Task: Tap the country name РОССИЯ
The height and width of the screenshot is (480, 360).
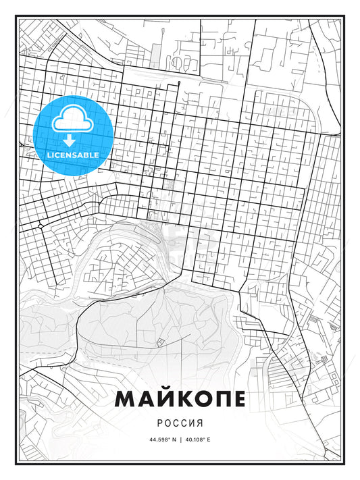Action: point(180,422)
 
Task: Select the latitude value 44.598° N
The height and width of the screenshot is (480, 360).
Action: point(159,439)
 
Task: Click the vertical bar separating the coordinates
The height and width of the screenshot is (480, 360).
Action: point(180,439)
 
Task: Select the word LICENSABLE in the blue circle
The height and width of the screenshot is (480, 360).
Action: point(72,155)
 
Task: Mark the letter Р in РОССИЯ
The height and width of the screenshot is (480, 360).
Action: point(159,422)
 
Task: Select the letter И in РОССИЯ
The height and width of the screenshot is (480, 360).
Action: point(192,422)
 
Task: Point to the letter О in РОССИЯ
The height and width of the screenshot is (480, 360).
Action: point(167,422)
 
